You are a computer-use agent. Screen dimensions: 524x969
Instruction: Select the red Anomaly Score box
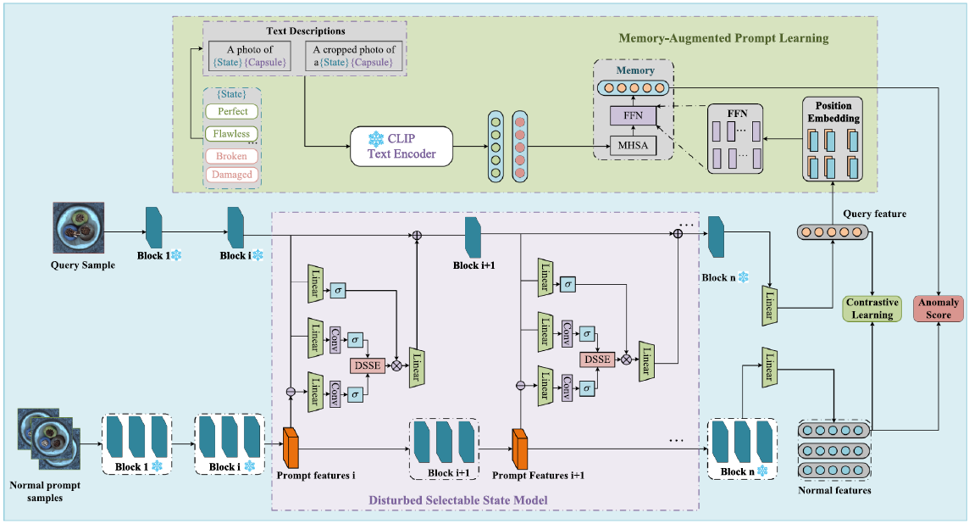tap(939, 309)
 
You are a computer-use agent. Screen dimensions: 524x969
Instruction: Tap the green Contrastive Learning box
tap(872, 309)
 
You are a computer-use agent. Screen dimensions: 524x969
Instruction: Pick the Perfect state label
tap(232, 111)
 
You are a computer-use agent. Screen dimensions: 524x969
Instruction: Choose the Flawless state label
tap(232, 133)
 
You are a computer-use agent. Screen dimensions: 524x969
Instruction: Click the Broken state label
tap(232, 156)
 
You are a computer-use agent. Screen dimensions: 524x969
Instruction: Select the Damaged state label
tap(232, 175)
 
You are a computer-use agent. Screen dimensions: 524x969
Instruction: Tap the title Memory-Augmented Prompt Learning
tap(723, 38)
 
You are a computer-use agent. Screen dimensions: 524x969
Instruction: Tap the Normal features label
tap(834, 490)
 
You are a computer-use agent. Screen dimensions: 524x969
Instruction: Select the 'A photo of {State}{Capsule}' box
tap(251, 56)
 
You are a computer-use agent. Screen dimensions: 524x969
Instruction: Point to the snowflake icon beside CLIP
tap(375, 137)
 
